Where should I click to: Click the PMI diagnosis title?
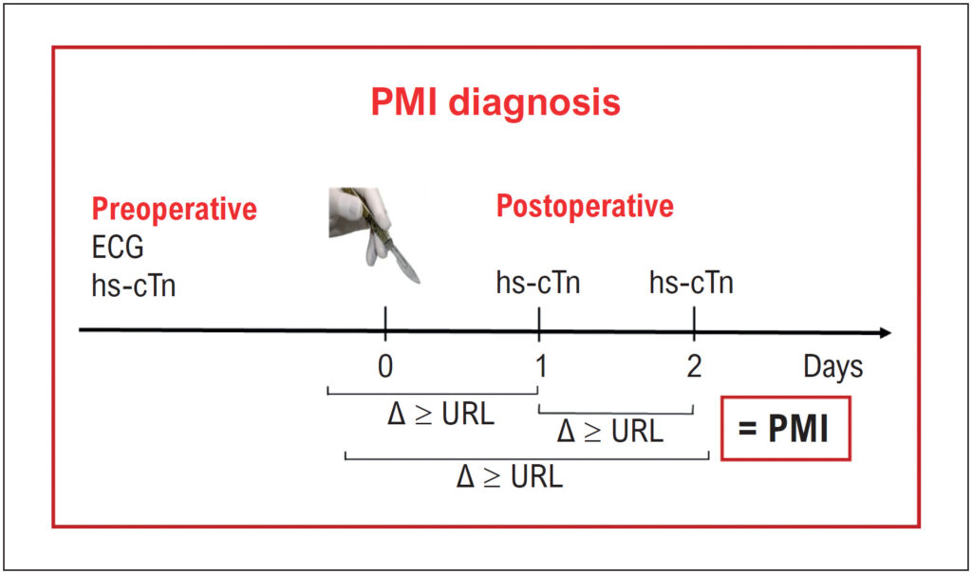click(x=495, y=102)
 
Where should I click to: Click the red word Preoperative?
click(x=175, y=210)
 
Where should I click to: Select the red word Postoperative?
click(x=585, y=207)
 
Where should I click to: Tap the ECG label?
click(x=118, y=248)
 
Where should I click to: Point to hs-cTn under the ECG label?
click(x=134, y=286)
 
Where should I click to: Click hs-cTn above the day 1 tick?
click(x=538, y=283)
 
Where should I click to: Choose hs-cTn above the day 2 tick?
click(x=691, y=283)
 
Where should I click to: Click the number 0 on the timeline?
click(x=385, y=366)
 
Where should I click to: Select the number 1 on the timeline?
click(x=540, y=366)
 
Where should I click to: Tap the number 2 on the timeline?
click(x=694, y=366)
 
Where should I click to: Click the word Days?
click(x=833, y=367)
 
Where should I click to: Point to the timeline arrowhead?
click(x=886, y=333)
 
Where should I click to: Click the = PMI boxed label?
click(x=785, y=428)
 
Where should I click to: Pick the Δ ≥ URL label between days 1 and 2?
click(x=610, y=431)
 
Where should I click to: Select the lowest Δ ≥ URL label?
click(x=510, y=476)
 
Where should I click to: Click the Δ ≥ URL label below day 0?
click(x=440, y=414)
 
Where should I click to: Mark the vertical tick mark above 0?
click(x=385, y=324)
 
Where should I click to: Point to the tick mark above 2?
click(x=694, y=324)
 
